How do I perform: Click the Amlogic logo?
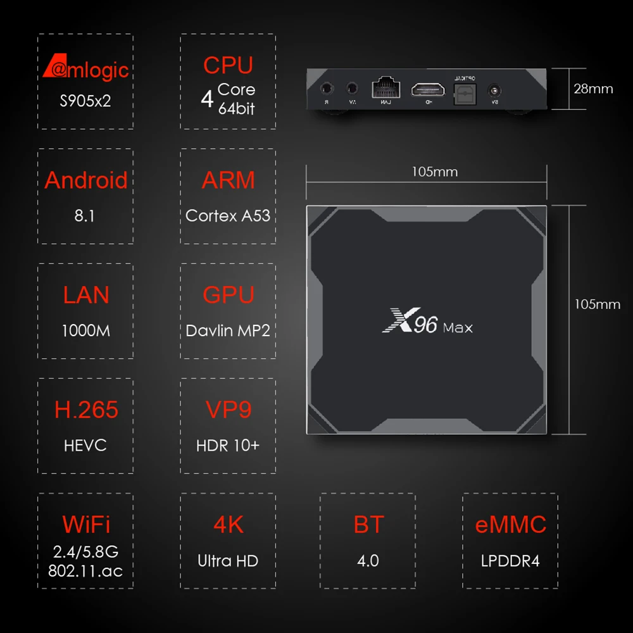pos(85,68)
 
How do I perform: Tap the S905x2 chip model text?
pos(85,101)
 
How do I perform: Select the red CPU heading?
pos(228,65)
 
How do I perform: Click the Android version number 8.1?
pos(85,216)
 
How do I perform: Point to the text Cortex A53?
pos(228,216)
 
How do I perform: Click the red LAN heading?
pos(85,295)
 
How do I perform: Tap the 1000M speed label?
pos(85,330)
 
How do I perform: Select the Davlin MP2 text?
pos(228,330)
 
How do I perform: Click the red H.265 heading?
pos(86,410)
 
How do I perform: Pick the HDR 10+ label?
pos(228,445)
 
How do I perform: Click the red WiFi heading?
pos(86,524)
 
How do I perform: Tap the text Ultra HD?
pos(228,560)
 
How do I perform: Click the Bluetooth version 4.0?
pos(368,560)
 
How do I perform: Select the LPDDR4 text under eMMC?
pos(510,560)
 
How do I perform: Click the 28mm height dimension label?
pos(593,89)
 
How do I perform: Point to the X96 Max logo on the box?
pos(427,324)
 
